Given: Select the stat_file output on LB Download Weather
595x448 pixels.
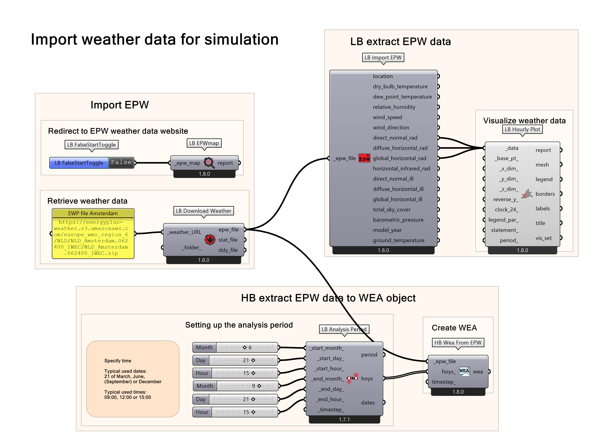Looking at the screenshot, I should click(228, 240).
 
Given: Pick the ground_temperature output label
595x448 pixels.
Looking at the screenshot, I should click(398, 240).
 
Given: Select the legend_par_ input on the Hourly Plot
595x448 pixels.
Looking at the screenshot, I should click(503, 220).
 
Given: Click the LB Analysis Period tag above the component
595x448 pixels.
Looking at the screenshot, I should click(344, 329).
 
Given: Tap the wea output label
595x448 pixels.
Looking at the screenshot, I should click(478, 372).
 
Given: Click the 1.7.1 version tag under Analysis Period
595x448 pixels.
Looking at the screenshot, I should click(344, 419).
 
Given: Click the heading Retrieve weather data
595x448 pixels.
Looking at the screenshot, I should click(87, 201).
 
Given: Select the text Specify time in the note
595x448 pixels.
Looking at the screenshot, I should click(117, 361).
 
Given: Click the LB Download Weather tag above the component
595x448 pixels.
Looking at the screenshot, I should click(203, 211).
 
